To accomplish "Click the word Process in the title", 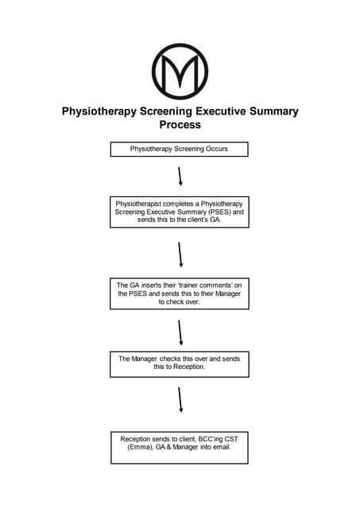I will [180, 125].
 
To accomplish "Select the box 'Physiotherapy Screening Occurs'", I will [179, 149].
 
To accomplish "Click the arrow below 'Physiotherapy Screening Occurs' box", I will [180, 176].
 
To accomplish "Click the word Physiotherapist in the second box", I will [143, 204].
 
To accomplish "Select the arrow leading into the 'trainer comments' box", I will [181, 254].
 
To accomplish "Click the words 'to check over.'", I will [179, 302].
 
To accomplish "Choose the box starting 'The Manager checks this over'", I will [179, 363].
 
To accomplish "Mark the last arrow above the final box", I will [181, 399].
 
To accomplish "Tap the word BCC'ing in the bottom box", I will [203, 438].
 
